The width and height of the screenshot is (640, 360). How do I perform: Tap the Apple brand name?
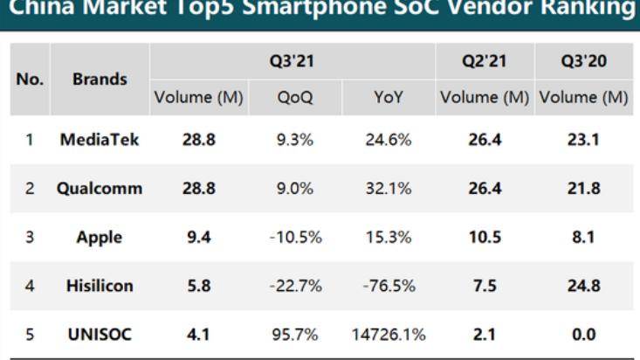coord(100,236)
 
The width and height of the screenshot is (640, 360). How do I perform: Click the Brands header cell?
coord(100,80)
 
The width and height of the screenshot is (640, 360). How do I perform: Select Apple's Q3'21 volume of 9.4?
coord(199,236)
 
